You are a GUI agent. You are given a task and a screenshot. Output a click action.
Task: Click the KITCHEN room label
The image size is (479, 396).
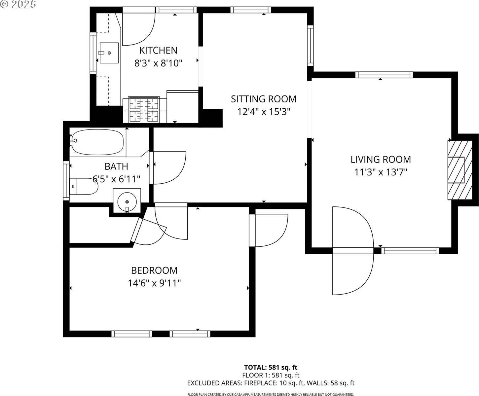tap(158, 50)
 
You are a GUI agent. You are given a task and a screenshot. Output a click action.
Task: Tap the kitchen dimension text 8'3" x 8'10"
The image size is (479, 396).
tap(158, 63)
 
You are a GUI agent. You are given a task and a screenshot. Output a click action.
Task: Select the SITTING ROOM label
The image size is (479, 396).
tap(263, 99)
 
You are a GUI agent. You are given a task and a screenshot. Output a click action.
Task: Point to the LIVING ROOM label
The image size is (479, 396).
tap(381, 159)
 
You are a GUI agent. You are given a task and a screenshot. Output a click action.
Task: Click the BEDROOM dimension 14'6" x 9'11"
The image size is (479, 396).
tap(154, 283)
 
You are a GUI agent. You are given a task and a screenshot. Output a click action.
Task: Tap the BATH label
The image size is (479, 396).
tap(116, 166)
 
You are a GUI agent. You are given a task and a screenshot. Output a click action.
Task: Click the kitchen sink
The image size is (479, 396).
tap(109, 53)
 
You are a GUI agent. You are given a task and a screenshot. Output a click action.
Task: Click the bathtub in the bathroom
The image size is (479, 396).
tap(97, 142)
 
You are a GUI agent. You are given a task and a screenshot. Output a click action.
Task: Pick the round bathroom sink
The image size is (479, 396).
tap(127, 200)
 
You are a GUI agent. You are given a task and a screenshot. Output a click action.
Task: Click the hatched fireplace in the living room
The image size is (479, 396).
tap(460, 170)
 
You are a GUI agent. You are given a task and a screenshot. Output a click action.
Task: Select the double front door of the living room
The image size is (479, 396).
tap(353, 251)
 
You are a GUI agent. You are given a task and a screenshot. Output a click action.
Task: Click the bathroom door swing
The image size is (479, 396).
tap(168, 167)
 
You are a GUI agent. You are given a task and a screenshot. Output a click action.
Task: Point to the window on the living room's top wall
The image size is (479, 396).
tap(384, 75)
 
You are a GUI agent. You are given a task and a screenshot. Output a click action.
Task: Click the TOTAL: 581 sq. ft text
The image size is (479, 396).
tap(271, 367)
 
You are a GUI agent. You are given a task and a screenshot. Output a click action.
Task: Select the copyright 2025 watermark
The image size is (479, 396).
tap(18, 4)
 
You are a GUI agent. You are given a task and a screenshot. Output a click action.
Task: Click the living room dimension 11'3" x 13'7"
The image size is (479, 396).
tap(381, 172)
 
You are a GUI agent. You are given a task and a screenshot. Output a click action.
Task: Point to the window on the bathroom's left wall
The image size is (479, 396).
tap(66, 180)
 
